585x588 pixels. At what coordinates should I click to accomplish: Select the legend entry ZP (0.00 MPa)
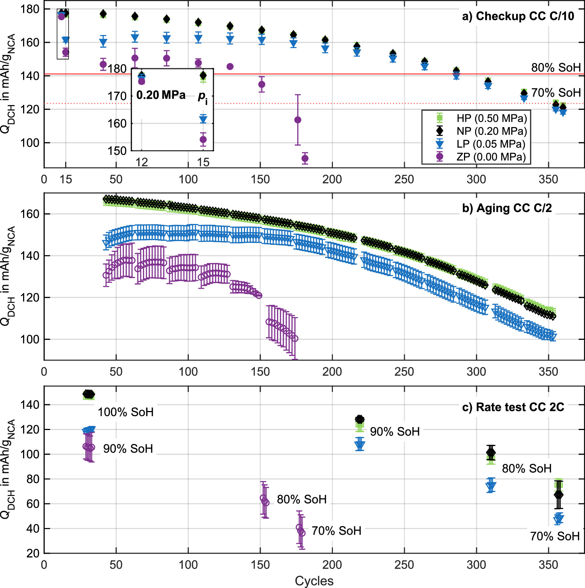(x=491, y=157)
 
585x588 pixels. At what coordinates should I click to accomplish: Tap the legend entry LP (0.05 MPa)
(x=491, y=144)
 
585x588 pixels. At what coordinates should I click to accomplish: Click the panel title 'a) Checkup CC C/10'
(x=518, y=16)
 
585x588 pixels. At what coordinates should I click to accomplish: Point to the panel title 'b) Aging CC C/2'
(x=507, y=208)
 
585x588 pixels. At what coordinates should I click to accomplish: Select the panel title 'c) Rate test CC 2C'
(x=513, y=407)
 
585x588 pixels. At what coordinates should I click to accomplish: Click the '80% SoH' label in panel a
(x=556, y=67)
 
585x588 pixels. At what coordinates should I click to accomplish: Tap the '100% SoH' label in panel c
(x=125, y=412)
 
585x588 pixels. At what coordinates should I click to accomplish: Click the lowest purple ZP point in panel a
(x=305, y=158)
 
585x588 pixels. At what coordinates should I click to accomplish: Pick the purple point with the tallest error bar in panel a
(x=298, y=120)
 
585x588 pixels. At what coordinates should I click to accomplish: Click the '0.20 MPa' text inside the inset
(x=161, y=95)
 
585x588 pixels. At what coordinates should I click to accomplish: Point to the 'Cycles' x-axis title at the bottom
(x=314, y=581)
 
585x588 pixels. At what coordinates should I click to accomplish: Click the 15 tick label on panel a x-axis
(x=66, y=180)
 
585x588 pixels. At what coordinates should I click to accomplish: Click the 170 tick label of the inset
(x=117, y=96)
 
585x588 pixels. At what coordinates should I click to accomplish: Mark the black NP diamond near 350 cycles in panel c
(x=558, y=495)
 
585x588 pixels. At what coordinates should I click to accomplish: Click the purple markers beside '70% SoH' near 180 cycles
(x=301, y=530)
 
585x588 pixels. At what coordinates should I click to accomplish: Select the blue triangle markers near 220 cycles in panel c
(x=360, y=445)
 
